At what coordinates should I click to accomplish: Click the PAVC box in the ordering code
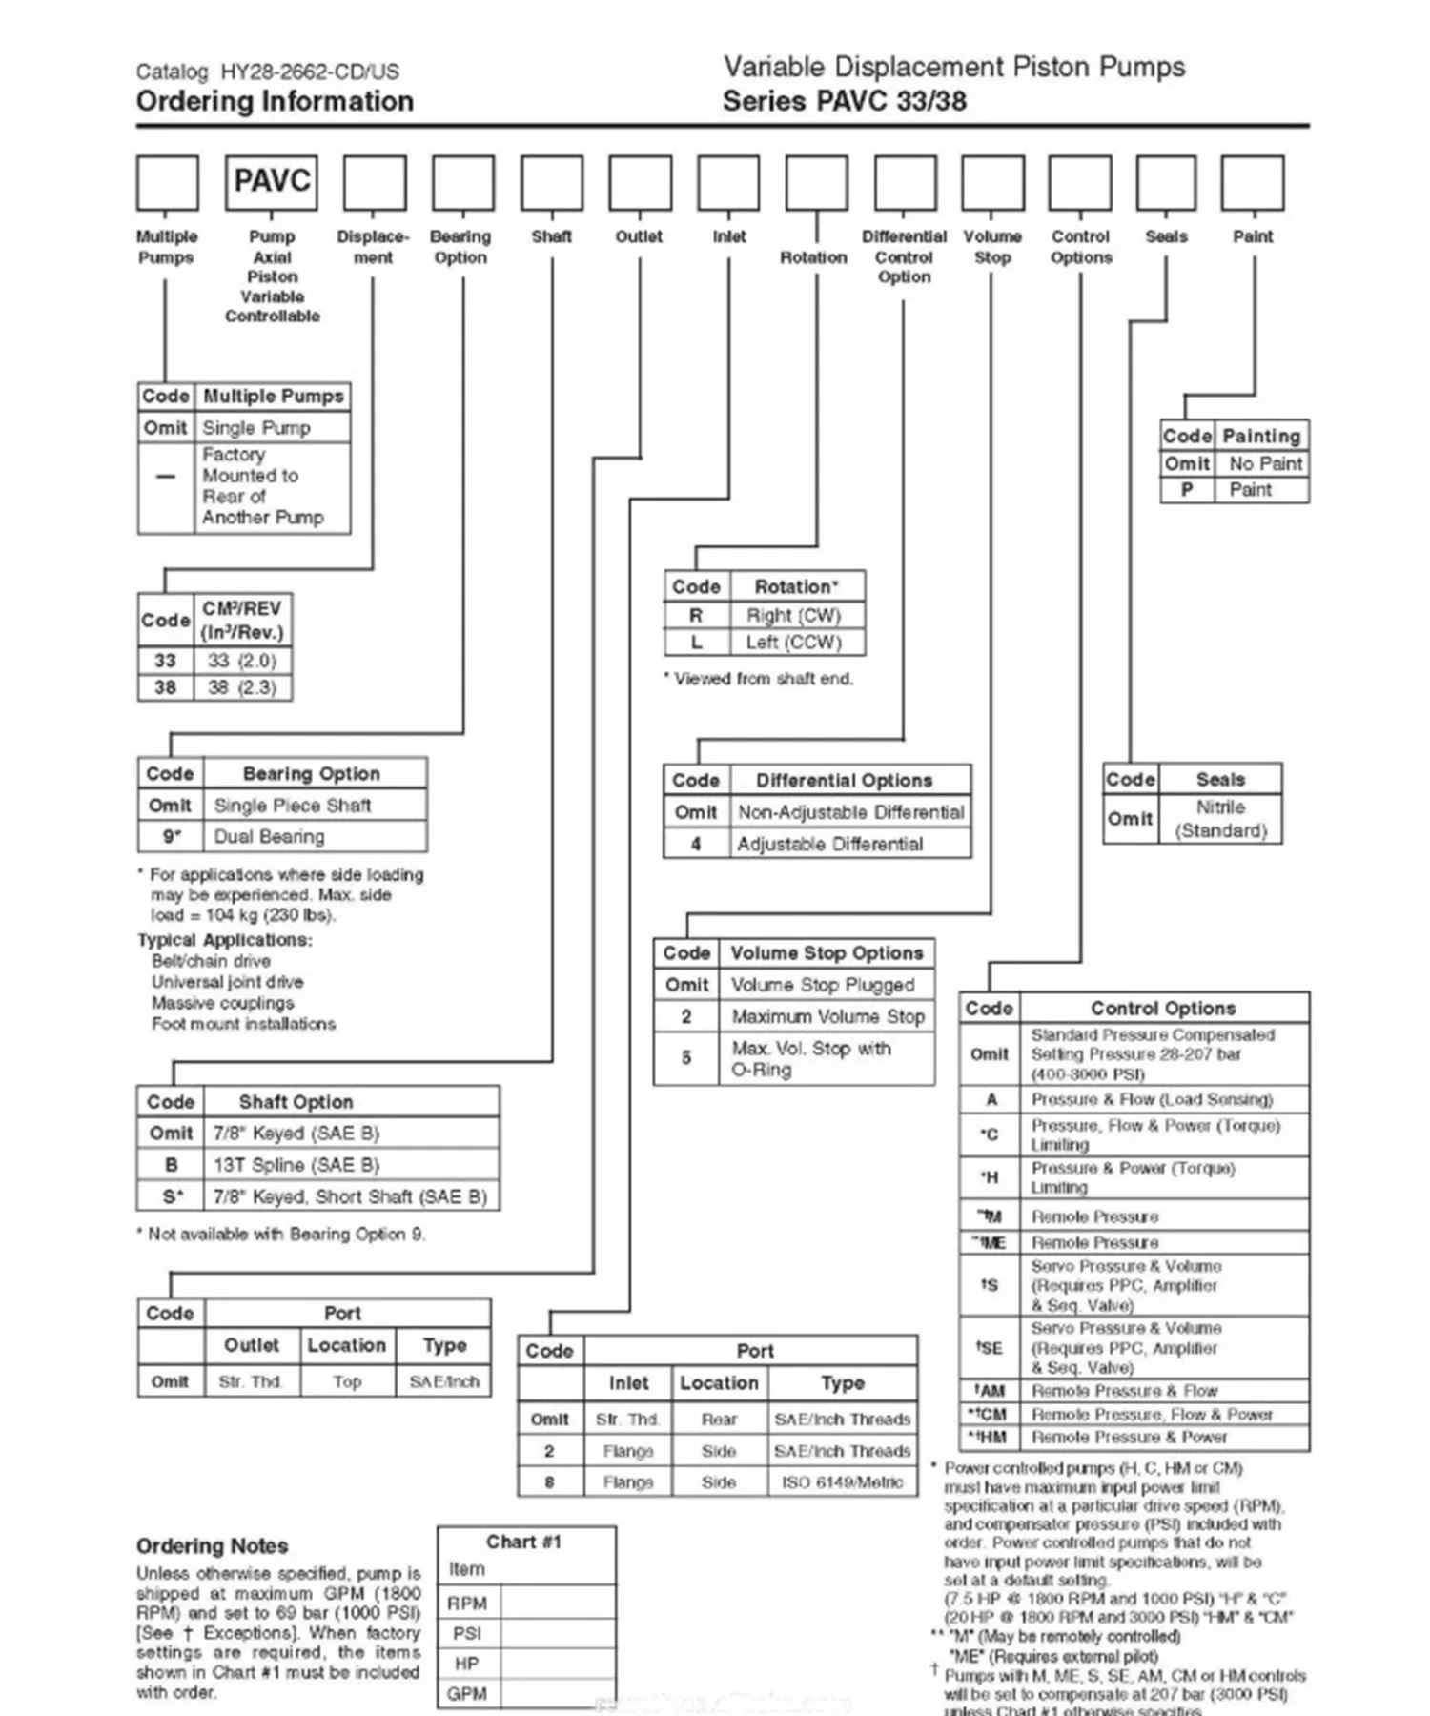[272, 182]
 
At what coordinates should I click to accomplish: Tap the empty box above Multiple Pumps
[168, 182]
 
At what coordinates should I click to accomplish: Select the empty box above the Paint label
[1252, 182]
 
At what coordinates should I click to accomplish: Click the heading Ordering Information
[275, 101]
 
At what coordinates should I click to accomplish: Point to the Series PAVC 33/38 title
[844, 101]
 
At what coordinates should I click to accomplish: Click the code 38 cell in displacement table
[165, 687]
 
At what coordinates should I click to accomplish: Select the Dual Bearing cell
[269, 836]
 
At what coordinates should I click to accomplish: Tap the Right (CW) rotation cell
[793, 615]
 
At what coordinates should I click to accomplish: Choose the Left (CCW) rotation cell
[793, 642]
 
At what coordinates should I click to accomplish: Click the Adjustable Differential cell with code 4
[829, 844]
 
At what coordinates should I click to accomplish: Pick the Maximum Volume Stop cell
[827, 1016]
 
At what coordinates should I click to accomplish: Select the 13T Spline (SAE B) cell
[296, 1164]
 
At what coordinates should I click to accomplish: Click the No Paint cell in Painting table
[1265, 463]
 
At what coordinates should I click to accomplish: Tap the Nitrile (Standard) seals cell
[1220, 819]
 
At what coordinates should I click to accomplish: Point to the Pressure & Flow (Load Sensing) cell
[1152, 1099]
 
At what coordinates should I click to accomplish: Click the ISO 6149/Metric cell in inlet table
[842, 1482]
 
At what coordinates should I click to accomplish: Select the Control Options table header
[1163, 1008]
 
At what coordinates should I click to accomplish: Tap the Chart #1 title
[523, 1542]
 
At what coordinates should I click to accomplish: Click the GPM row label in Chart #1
[467, 1694]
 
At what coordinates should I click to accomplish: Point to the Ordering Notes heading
[212, 1545]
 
